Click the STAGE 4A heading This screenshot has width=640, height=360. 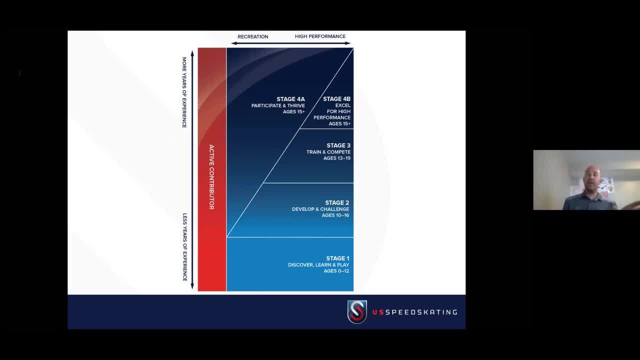[x=290, y=99]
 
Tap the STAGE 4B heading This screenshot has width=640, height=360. [x=336, y=99]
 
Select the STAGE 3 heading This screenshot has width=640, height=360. [x=338, y=145]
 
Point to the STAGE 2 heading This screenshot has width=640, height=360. [x=337, y=203]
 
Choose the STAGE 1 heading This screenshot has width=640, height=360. [x=337, y=258]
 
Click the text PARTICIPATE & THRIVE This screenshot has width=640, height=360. [x=278, y=105]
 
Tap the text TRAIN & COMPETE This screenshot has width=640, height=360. [x=328, y=152]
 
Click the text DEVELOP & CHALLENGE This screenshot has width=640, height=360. [x=320, y=209]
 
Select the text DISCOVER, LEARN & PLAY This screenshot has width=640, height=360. [x=318, y=264]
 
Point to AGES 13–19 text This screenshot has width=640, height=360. [x=337, y=158]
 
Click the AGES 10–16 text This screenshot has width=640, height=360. [x=335, y=215]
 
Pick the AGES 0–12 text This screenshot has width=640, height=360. [x=336, y=270]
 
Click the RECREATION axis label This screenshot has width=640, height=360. [x=253, y=36]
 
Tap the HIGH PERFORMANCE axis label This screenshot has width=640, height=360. [x=320, y=36]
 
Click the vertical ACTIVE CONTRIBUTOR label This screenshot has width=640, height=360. [x=211, y=177]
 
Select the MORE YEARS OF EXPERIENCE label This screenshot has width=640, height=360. [x=184, y=92]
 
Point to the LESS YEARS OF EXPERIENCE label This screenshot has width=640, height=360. [x=184, y=247]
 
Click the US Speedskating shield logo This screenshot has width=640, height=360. [x=357, y=312]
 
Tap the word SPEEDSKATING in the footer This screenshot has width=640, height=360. [x=421, y=312]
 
